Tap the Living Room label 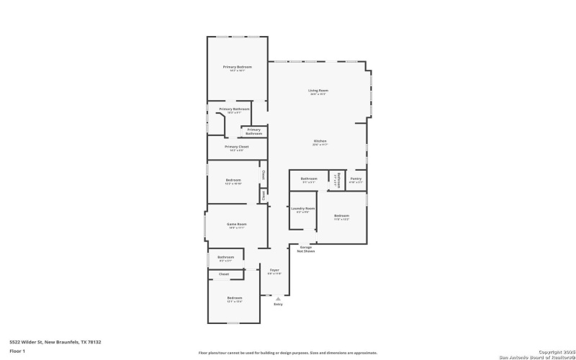[x=319, y=91]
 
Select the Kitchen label [x=320, y=142]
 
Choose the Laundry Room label [x=302, y=210]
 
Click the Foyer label [x=274, y=271]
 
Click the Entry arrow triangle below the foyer [x=278, y=297]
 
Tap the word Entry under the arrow [x=278, y=304]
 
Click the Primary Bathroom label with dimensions [x=235, y=110]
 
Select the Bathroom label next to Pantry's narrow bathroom [x=309, y=179]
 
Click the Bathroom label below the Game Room [x=226, y=258]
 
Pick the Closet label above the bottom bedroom [x=224, y=274]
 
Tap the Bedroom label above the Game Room [x=233, y=181]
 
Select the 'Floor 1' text [x=17, y=351]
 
